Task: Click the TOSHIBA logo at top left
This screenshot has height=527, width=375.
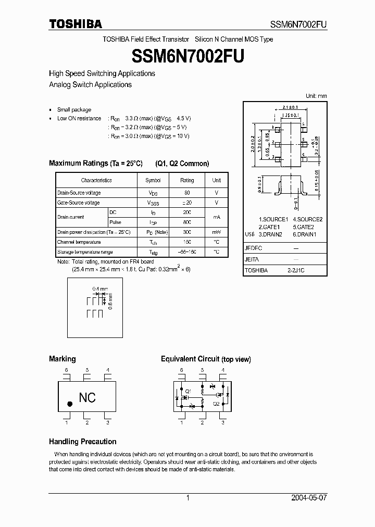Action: tap(76, 24)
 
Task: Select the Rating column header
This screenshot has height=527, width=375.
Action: tap(187, 180)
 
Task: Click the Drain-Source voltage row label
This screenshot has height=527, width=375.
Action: tap(79, 193)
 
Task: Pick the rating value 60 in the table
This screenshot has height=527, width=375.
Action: tap(187, 193)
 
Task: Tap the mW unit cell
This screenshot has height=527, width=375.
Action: tap(216, 232)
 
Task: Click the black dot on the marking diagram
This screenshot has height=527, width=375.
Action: tap(70, 404)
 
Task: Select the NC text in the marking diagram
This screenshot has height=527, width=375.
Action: tap(87, 397)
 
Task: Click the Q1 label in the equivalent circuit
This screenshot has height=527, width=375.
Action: tap(188, 391)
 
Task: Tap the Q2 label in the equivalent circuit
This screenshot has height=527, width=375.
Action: tap(216, 403)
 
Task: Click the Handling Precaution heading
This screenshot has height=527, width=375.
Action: tap(82, 442)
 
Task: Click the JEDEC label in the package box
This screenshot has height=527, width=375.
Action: tap(253, 249)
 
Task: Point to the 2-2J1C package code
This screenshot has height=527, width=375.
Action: tap(295, 271)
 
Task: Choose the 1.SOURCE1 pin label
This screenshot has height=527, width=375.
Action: tap(273, 220)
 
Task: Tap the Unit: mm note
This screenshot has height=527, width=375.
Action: tap(316, 96)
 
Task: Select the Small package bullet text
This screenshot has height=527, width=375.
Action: tap(74, 110)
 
